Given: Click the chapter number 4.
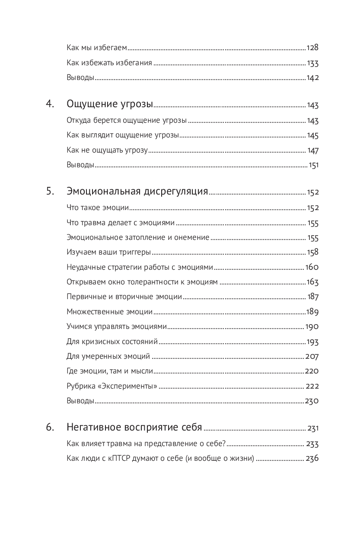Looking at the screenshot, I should coord(50,104).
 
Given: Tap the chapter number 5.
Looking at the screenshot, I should coord(50,191).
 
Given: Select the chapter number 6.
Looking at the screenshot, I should coord(50,428).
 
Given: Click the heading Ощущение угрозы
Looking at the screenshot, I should coord(110,104).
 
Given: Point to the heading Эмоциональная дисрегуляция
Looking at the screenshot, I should coord(137,191).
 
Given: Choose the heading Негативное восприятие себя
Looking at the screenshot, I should coord(134,428).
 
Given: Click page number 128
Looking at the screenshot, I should coord(312,48).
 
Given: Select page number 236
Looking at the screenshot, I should coord(312,459).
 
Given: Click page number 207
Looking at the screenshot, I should coord(312,357).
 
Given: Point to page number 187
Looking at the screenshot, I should coord(313,297).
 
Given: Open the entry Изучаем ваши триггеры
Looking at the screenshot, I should coord(108,252).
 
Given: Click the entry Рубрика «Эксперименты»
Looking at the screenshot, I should coord(112,386).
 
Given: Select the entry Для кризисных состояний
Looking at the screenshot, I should coord(112,342).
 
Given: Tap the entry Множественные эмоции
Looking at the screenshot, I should coord(110,312).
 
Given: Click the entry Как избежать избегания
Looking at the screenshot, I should coord(109,64).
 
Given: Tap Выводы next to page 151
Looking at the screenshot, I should coord(80,165).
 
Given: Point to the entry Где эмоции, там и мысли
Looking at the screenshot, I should coord(110,371).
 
